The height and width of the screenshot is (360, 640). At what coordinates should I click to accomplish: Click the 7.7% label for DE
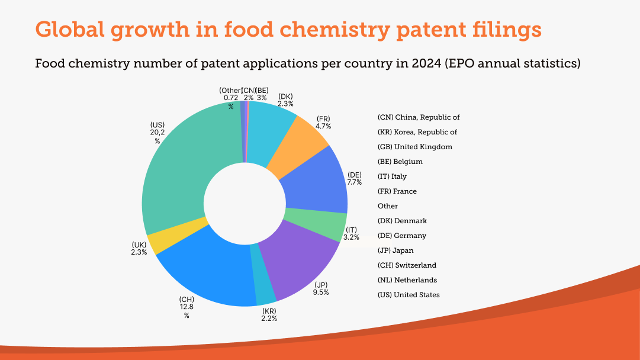tap(355, 182)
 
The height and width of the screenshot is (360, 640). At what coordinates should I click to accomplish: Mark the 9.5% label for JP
tap(321, 292)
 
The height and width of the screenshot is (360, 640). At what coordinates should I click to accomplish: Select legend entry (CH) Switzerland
tap(407, 265)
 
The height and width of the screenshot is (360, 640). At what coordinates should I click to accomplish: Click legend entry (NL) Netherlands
tap(407, 280)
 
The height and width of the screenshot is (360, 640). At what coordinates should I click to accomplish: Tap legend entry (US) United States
tap(409, 295)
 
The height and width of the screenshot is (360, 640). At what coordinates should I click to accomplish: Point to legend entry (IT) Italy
tap(392, 176)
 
